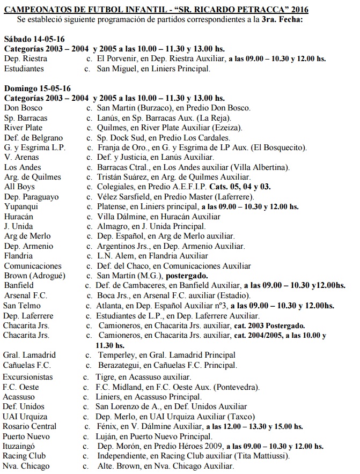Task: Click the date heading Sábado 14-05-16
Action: pos(33,40)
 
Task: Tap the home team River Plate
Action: pos(23,128)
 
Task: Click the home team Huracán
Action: pos(20,217)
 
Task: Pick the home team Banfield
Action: pos(19,286)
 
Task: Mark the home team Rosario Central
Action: pos(30,426)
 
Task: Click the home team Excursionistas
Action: pos(28,377)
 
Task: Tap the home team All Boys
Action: pos(19,187)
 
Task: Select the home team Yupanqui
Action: pos(21,206)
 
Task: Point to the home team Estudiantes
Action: pos(25,69)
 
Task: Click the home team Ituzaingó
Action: pos(23,446)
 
